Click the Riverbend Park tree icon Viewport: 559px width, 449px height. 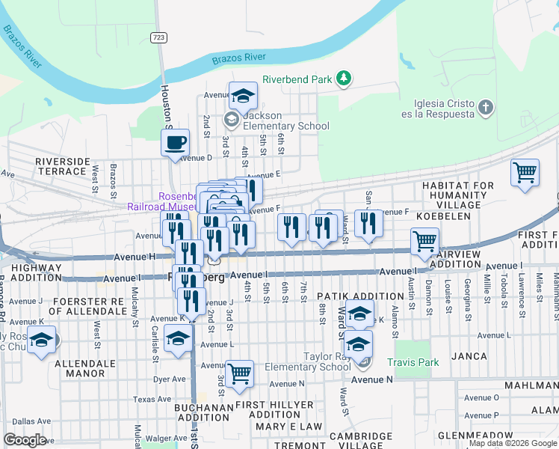click(x=343, y=79)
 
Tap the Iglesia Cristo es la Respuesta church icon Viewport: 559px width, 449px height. click(x=485, y=108)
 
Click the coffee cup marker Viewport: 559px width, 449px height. click(x=176, y=142)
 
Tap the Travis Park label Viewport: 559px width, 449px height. click(x=410, y=362)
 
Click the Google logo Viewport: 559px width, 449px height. click(x=25, y=440)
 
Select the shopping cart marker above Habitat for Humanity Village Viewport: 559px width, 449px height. click(x=525, y=173)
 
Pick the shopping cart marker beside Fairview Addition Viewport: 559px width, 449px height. click(x=424, y=242)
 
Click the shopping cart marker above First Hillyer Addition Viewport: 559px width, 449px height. click(x=239, y=373)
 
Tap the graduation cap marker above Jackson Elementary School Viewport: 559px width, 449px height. click(x=243, y=96)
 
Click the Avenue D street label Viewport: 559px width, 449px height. click(x=196, y=158)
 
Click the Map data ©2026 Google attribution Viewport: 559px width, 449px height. click(x=513, y=443)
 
